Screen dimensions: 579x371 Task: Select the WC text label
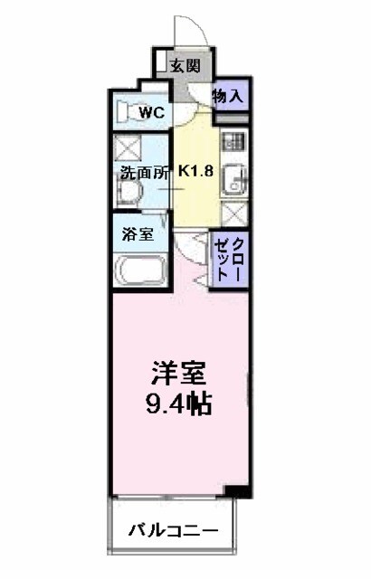tap(152, 113)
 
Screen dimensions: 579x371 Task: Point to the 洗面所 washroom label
tap(143, 175)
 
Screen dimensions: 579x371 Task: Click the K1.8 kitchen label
tap(195, 169)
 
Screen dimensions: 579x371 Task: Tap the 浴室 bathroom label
tap(138, 233)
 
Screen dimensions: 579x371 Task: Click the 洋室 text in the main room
tap(179, 373)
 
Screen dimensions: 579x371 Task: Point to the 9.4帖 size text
tap(179, 403)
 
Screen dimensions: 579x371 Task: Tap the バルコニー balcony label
tap(172, 529)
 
